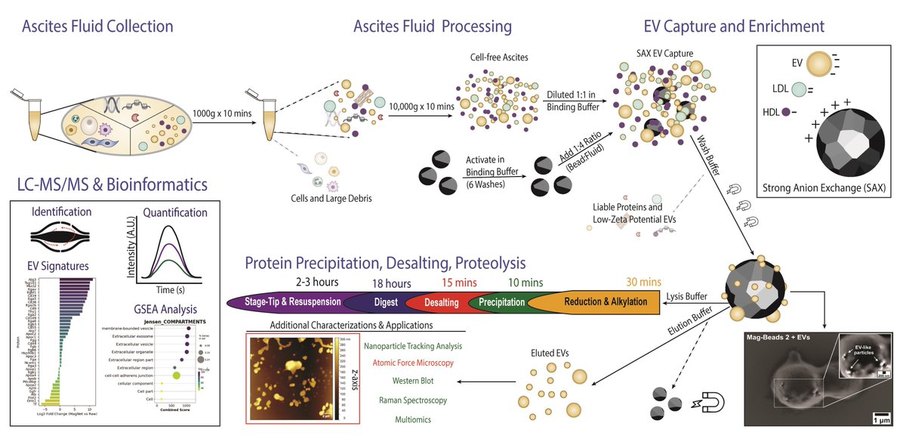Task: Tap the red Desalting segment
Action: (440, 301)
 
